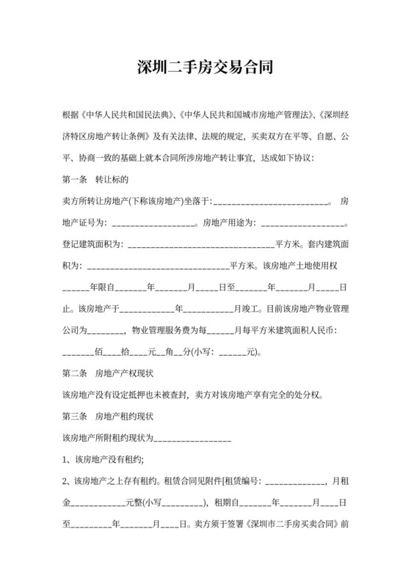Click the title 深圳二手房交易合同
pyautogui.click(x=205, y=68)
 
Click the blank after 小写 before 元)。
pyautogui.click(x=233, y=352)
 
